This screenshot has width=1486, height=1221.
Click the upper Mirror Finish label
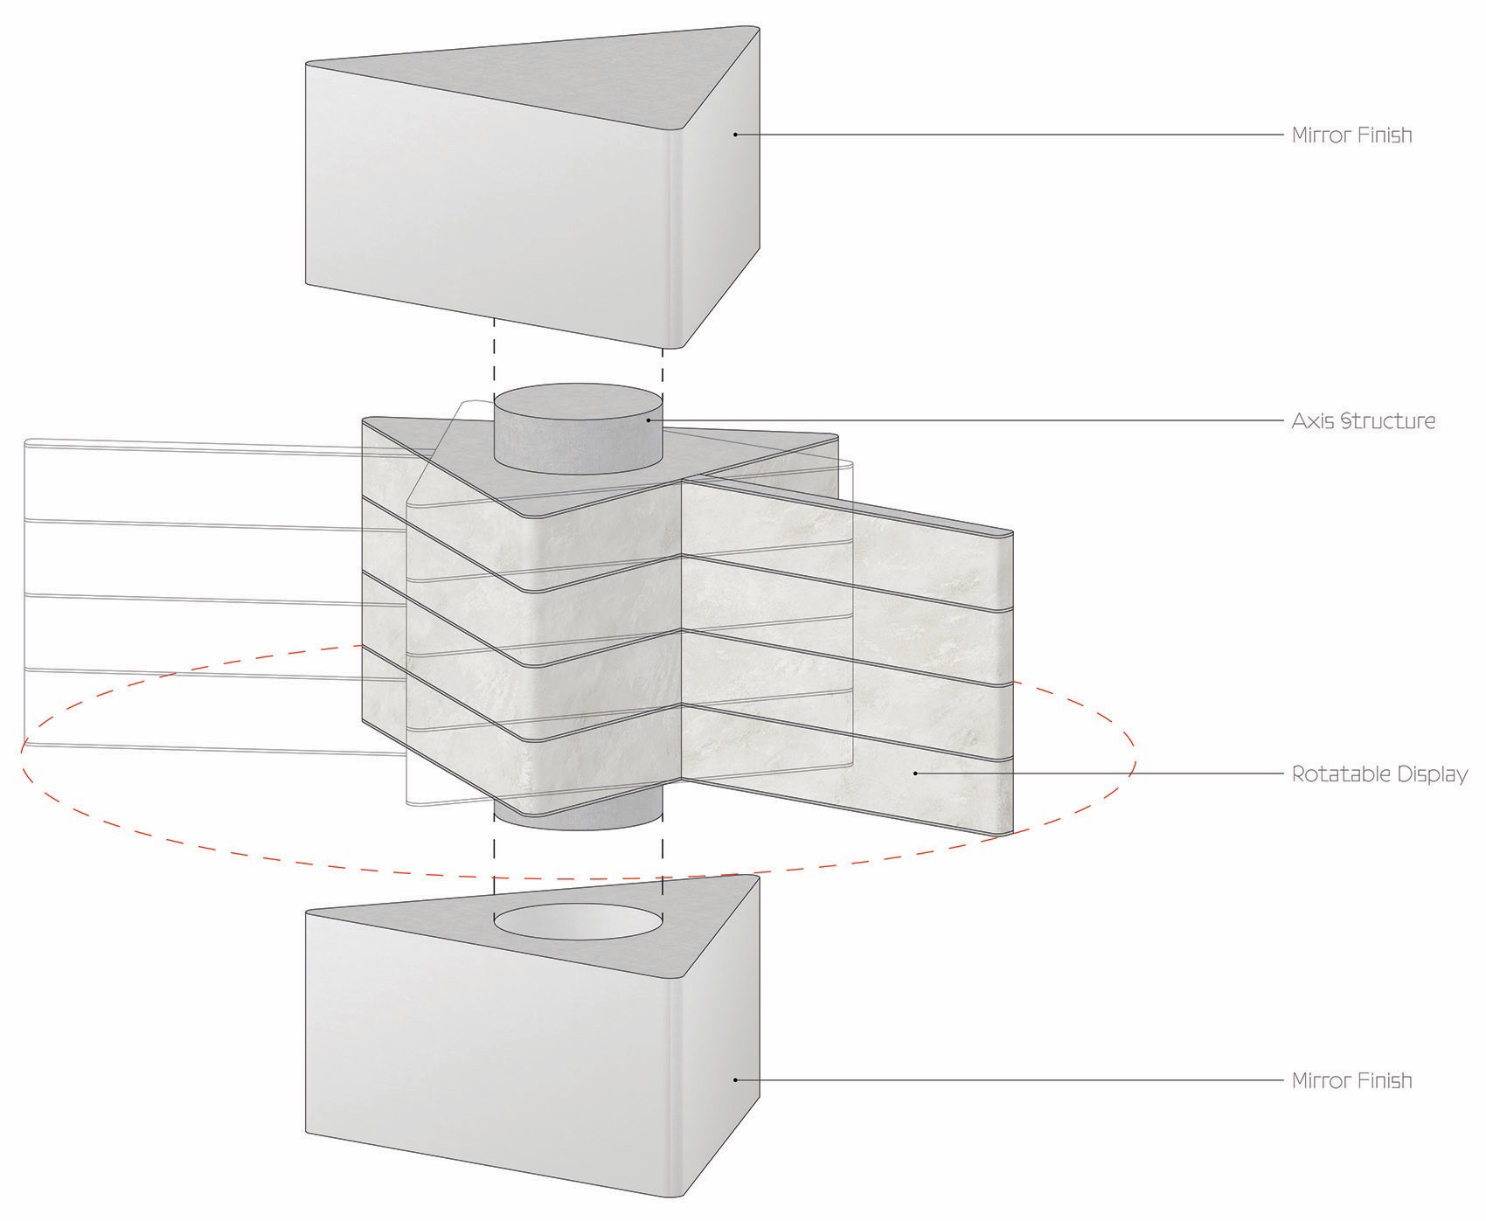[1351, 135]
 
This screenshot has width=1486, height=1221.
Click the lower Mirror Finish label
[1351, 1080]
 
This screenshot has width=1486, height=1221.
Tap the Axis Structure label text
[1363, 420]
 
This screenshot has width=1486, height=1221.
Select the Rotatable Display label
[1379, 774]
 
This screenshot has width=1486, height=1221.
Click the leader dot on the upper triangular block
[735, 135]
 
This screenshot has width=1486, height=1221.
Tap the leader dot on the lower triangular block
[735, 1079]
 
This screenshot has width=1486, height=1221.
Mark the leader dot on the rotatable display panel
[915, 773]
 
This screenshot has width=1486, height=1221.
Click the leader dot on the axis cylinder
[648, 420]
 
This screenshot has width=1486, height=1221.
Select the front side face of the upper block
[490, 201]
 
